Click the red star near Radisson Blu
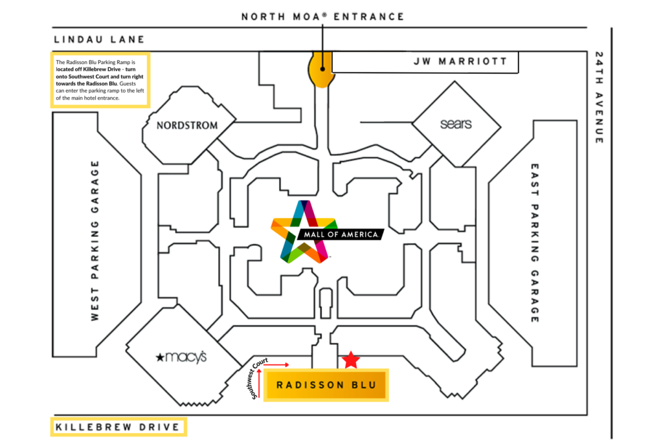point(350,360)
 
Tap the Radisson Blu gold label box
point(326,385)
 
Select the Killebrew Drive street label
point(118,427)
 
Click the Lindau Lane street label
point(99,39)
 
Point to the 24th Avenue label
point(599,98)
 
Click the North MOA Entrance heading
point(323,16)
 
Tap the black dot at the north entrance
point(322,69)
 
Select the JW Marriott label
point(460,61)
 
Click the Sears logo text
point(456,124)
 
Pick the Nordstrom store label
point(187,126)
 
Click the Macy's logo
point(181,357)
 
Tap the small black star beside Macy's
point(160,357)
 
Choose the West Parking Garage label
point(95,241)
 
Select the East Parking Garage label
point(535,243)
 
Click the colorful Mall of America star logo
point(304,232)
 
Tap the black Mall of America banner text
point(341,234)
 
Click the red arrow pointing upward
point(259,383)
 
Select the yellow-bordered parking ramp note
point(100,80)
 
